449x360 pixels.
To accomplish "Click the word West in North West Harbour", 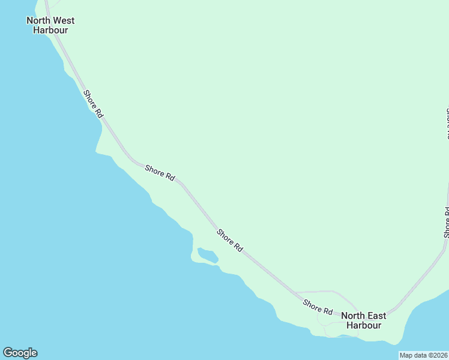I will tap(62, 20).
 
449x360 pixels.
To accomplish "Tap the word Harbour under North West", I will tap(50, 30).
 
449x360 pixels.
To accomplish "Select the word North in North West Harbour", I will tap(38, 20).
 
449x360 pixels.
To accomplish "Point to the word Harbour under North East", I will tap(364, 325).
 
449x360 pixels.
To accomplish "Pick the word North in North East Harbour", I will tap(353, 316).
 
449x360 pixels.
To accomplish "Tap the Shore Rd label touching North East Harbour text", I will tap(318, 307).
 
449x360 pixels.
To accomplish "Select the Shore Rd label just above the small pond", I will tap(230, 240).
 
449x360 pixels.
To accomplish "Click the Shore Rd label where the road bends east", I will tap(160, 173).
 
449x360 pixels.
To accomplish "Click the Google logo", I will tap(20, 353).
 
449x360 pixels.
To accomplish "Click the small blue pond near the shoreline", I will tap(208, 256).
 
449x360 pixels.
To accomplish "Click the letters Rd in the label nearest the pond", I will tap(238, 247).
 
